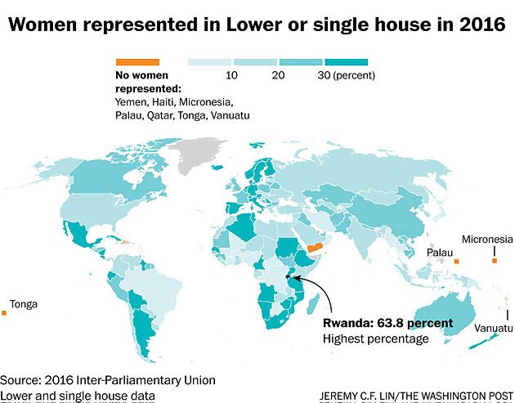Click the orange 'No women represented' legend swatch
[137, 61]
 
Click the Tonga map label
[24, 305]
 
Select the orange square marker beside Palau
[457, 261]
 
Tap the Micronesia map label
[488, 240]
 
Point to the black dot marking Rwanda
[288, 278]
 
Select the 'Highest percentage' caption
[375, 338]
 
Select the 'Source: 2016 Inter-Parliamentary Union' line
[108, 381]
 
